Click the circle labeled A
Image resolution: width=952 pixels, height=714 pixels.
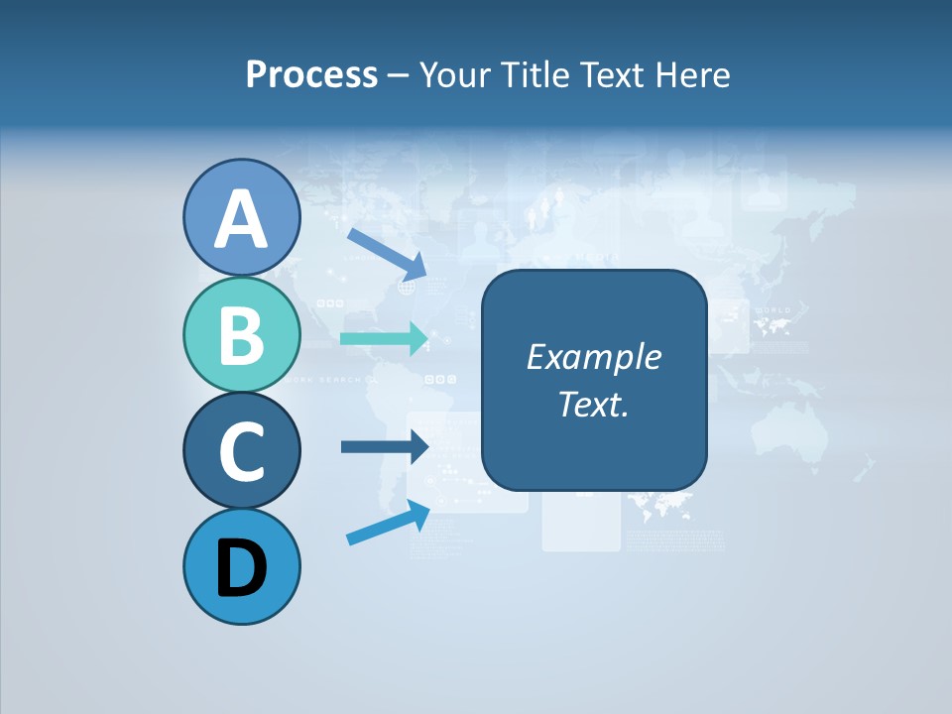(241, 217)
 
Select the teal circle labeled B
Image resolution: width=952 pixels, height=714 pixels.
(241, 334)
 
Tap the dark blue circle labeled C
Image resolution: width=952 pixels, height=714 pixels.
(241, 450)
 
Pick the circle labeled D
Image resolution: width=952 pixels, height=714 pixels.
(241, 566)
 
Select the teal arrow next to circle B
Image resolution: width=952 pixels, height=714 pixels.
(384, 338)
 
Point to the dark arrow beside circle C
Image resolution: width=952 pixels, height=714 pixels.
(384, 446)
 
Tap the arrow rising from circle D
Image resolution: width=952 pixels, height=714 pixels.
(388, 523)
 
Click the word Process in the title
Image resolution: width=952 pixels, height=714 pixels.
(311, 74)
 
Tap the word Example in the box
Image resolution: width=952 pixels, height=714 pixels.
(593, 357)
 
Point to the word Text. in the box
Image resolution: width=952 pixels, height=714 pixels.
(593, 404)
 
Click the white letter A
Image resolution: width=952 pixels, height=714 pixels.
(241, 219)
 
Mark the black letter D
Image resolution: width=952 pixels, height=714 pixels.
(241, 568)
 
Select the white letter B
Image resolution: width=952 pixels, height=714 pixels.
(241, 336)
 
